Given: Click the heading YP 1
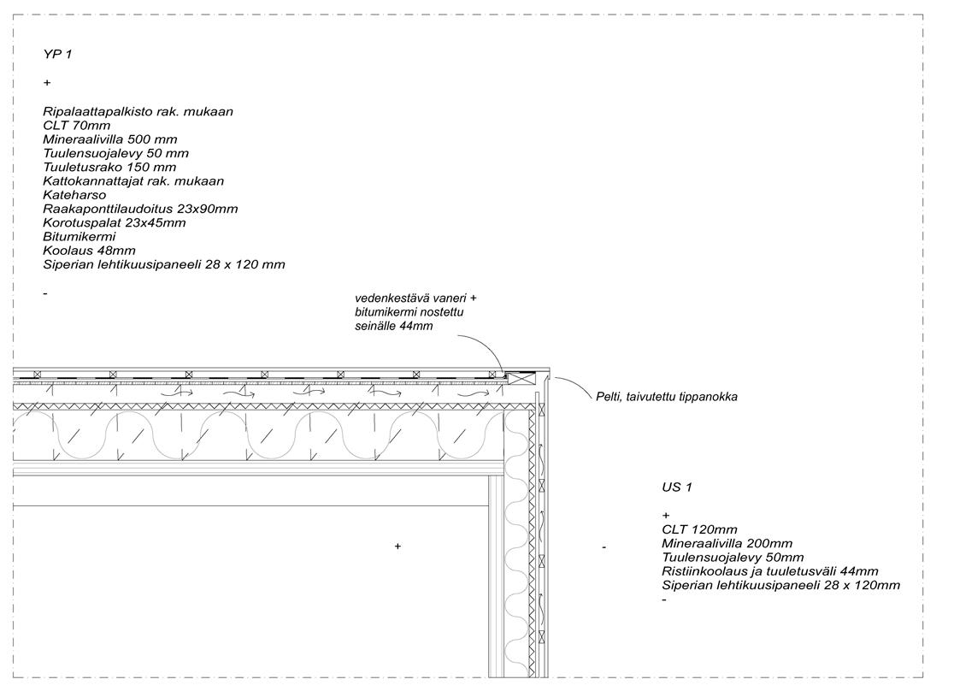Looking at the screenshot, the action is (57, 54).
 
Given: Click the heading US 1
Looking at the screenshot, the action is (676, 487).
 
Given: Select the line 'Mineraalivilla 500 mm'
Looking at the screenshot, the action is (110, 139).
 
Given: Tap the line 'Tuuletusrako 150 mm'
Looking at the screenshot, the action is (109, 167).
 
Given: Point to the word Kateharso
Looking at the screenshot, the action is (74, 195).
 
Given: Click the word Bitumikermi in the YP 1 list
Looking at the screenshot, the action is (79, 236).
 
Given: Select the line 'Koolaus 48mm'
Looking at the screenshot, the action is (89, 251).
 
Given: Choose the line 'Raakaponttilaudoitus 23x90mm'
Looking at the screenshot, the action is (140, 209).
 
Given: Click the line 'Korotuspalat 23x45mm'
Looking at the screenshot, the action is (114, 222).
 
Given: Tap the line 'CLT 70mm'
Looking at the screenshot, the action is (76, 126).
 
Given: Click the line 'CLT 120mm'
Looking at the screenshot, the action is (698, 529).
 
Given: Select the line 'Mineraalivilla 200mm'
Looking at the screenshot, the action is (727, 543).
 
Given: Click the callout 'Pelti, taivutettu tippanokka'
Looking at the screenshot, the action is (667, 397).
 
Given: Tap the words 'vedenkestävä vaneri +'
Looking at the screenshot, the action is (415, 298).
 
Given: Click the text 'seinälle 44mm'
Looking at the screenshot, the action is (394, 326).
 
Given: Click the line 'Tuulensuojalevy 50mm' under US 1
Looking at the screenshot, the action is (733, 558).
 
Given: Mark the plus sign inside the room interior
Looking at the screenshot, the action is (397, 546).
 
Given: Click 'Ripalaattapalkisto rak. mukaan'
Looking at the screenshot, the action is (138, 111).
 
